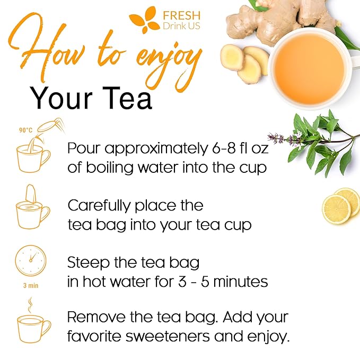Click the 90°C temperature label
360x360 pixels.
pyautogui.click(x=25, y=130)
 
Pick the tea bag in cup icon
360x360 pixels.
pyautogui.click(x=32, y=209)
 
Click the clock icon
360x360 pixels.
pyautogui.click(x=30, y=260)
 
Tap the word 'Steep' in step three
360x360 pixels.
pyautogui.click(x=85, y=262)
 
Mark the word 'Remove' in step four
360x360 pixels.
pyautogui.click(x=95, y=318)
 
